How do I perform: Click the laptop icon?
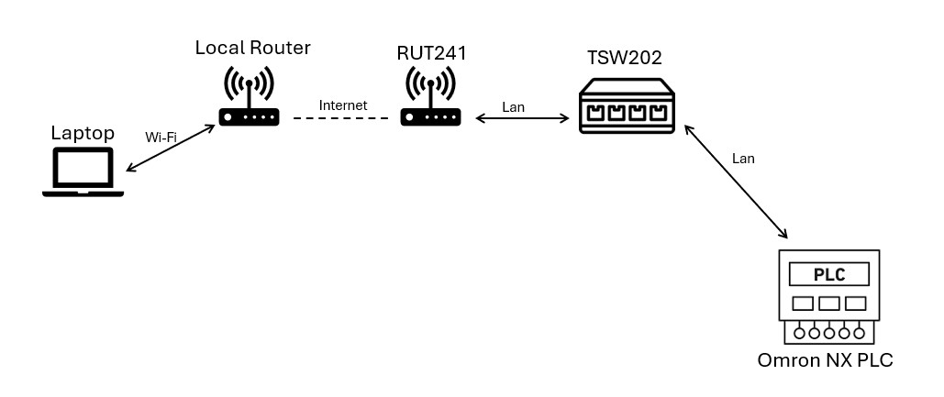coord(83,171)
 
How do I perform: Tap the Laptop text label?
coord(83,134)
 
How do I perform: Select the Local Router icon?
coord(249,99)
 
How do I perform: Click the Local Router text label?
coord(252,48)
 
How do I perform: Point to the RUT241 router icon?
coord(430,99)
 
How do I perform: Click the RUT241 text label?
coord(431,53)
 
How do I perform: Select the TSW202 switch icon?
coord(627,106)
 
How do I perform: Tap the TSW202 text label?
coord(625,59)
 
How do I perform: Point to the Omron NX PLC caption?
coord(825,360)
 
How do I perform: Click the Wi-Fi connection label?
coord(161,138)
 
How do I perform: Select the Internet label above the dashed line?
coord(342,105)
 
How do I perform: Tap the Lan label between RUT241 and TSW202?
coord(514,107)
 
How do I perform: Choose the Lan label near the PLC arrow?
coord(743,159)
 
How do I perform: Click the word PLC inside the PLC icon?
coord(828,274)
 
